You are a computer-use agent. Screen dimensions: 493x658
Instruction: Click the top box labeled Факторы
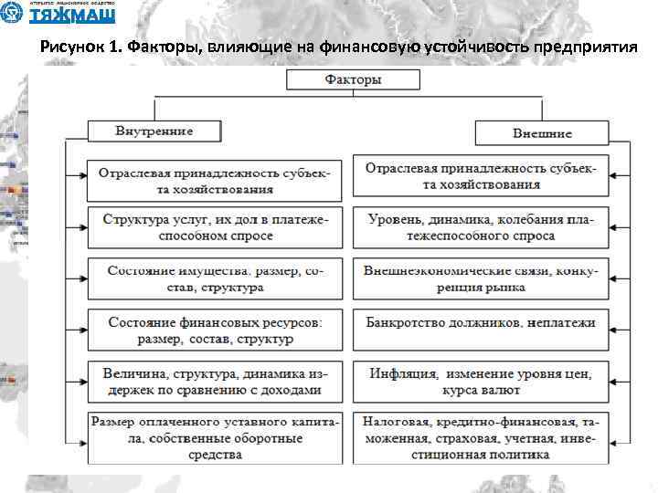click(353, 79)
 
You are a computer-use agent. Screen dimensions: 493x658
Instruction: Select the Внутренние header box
click(154, 131)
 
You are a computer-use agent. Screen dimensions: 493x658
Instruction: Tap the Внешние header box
click(541, 133)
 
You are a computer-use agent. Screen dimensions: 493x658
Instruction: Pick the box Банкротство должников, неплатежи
click(481, 323)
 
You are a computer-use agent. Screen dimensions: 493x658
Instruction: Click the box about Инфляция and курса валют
click(481, 381)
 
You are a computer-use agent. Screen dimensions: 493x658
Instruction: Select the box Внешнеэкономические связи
click(481, 278)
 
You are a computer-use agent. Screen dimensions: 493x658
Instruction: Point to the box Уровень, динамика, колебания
click(481, 227)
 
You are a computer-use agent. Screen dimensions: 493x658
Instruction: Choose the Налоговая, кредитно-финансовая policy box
click(481, 438)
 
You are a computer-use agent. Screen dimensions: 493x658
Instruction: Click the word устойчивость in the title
click(462, 47)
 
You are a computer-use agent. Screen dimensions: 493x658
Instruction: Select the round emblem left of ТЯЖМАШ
click(13, 14)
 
